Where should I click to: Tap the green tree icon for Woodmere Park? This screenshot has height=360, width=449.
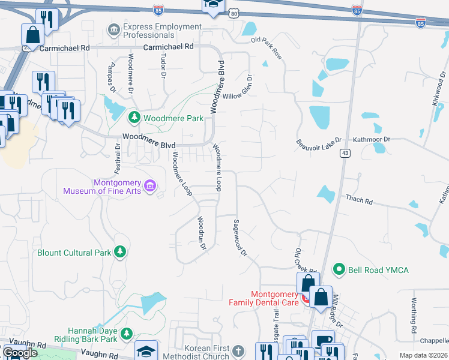coord(135,117)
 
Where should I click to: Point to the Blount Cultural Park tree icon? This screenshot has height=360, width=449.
coord(120,252)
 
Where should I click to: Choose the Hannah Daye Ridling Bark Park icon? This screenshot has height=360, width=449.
coord(126,333)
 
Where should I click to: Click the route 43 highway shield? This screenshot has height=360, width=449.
coord(345,154)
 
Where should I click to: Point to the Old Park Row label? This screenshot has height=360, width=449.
coord(267,47)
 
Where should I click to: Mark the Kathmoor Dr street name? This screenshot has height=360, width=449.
coord(371,139)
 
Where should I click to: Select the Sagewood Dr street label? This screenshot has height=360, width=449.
coord(239,238)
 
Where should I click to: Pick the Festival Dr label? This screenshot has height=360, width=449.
coord(118,153)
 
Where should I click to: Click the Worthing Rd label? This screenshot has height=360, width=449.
coord(414,315)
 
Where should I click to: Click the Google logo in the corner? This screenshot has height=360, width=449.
coord(19,353)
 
